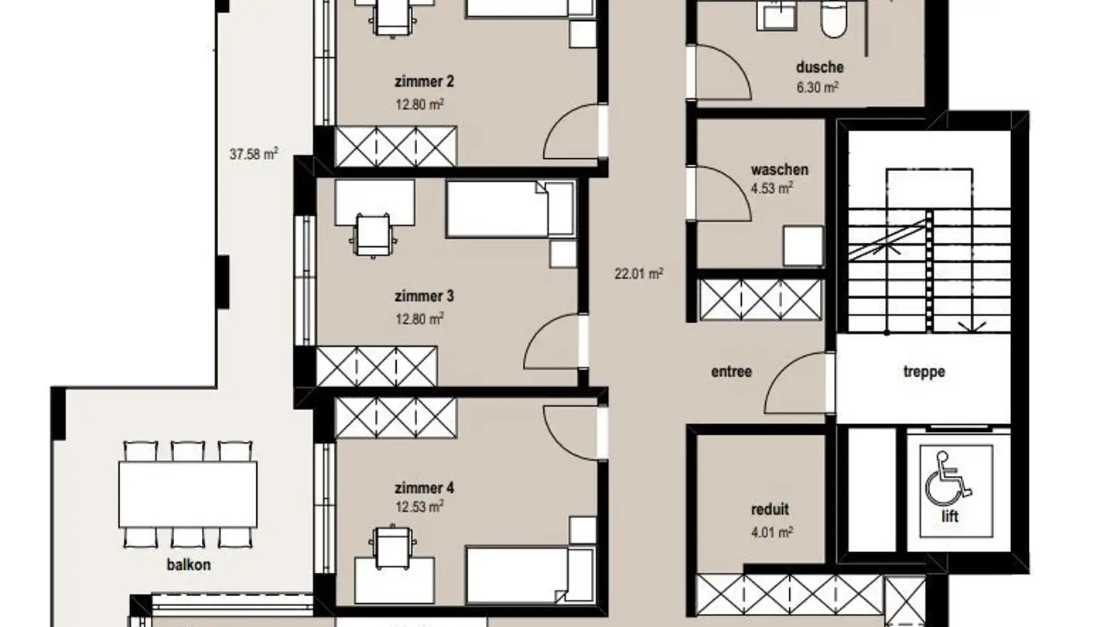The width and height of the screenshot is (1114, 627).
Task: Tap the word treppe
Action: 924,372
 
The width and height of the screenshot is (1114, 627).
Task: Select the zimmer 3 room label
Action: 424,296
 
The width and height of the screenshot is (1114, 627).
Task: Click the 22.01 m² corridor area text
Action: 639,273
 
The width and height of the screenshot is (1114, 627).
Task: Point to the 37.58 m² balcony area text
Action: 253,154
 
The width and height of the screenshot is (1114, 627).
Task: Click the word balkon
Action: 188,564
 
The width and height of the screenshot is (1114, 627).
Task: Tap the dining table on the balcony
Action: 188,494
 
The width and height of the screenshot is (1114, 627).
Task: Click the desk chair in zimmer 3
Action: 373,233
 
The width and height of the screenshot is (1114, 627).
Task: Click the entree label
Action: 731,372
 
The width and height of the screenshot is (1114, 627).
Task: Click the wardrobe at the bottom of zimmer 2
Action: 395,146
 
